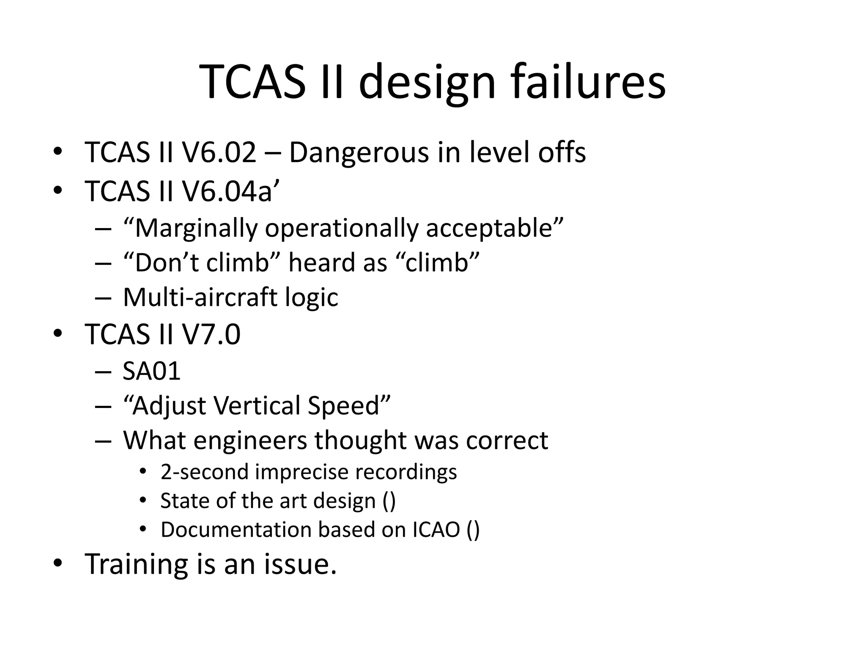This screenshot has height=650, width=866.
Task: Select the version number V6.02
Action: point(219,152)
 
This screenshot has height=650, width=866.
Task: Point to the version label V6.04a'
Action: point(231,191)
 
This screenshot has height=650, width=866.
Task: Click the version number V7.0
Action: point(211,334)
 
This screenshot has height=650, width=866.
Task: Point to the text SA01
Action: point(152,371)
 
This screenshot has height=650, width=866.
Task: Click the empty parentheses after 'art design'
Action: point(389,501)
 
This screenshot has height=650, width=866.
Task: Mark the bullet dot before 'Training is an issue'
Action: point(58,563)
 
